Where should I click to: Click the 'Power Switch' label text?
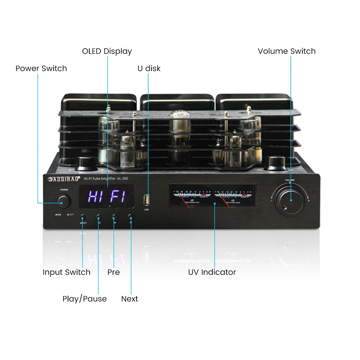click(41, 68)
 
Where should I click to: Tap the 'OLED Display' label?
click(107, 51)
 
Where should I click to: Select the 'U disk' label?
click(149, 68)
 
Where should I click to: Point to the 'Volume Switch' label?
click(287, 51)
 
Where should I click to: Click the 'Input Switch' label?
click(66, 272)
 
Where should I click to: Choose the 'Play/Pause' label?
click(85, 299)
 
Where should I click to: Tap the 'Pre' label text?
click(113, 272)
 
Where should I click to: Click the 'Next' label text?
click(130, 299)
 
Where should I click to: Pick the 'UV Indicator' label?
click(212, 272)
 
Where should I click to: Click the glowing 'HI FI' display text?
click(107, 197)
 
